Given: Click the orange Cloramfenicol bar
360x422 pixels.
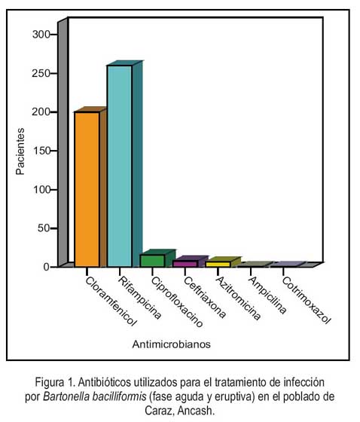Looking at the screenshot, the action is coord(87,189).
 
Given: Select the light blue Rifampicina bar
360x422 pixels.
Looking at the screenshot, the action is coord(120,166).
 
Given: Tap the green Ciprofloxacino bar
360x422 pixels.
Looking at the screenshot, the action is coord(152,261).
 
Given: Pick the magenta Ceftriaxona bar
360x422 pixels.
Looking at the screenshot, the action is coord(185,264).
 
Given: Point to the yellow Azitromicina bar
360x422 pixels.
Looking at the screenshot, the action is coord(218,264).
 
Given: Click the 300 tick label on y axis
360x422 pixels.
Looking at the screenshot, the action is coord(41,35).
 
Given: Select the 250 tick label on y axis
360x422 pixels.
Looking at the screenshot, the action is coord(41,74).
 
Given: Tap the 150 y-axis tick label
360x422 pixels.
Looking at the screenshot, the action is coord(41,151).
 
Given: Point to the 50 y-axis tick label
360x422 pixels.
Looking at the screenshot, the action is coord(44,228).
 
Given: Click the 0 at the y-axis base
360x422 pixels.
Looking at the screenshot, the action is coord(47,267).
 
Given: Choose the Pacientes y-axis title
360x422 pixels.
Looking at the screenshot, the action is coord(20,151).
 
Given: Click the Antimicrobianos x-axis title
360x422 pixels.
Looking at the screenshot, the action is coord(172,344).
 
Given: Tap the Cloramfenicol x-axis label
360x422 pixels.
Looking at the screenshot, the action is coord(111,301).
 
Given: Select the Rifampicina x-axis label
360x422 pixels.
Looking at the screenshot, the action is coord(140,298).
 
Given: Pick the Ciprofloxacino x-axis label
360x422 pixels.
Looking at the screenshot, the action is coord(177,302).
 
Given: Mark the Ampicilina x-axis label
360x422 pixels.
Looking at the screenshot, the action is coord(267,295).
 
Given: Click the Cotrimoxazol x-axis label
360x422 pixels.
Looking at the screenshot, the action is coord(307,301).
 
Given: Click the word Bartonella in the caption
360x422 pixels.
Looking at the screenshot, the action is coord(66,396).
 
